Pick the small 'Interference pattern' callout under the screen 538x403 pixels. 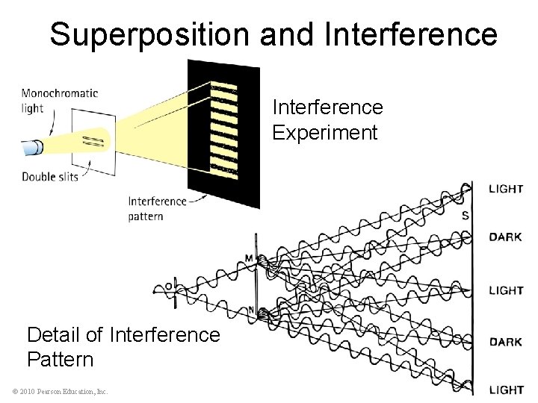156,207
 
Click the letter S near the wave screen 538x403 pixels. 466,216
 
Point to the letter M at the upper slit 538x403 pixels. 248,259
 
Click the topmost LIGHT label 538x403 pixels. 505,189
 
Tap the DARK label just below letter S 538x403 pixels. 505,237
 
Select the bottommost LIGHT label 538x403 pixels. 505,389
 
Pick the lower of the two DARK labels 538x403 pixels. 505,342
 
